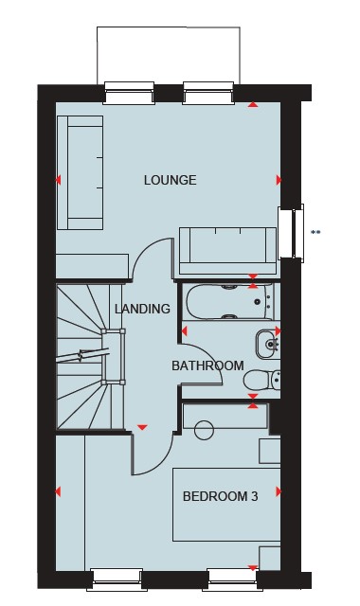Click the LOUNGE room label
171,180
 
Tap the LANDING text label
142,309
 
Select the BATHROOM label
207,365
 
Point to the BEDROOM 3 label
220,496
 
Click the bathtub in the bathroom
229,302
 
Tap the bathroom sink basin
267,344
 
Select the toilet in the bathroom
261,380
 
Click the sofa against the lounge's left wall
80,172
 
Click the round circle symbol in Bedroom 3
205,430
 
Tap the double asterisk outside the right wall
315,232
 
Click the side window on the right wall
291,231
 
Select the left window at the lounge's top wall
129,93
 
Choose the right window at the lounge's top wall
208,93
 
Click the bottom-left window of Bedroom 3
117,579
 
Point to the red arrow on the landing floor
142,427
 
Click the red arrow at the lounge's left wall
58,180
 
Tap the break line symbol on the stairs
82,355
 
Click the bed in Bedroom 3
226,505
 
